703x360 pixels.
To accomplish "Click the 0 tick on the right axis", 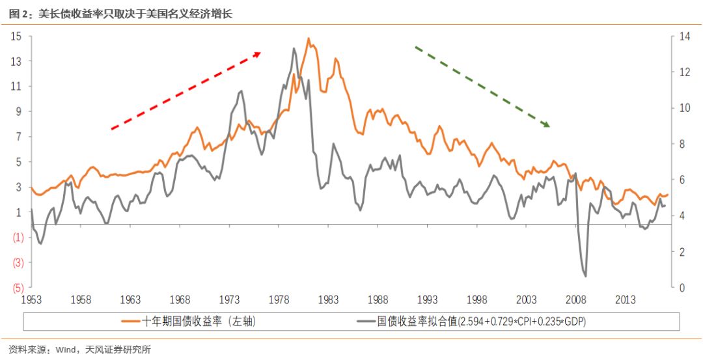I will [680, 287].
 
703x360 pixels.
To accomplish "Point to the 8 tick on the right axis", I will [680, 144].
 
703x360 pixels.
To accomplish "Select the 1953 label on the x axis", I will [31, 300].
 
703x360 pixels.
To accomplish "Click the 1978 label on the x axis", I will [279, 300].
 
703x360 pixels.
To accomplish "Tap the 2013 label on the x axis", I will [626, 300].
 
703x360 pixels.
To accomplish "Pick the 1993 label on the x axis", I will [428, 300].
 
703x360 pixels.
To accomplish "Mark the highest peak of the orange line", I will [309, 38].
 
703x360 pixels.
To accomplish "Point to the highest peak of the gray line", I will [294, 48].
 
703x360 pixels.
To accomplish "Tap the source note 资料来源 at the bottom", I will [26, 350].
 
